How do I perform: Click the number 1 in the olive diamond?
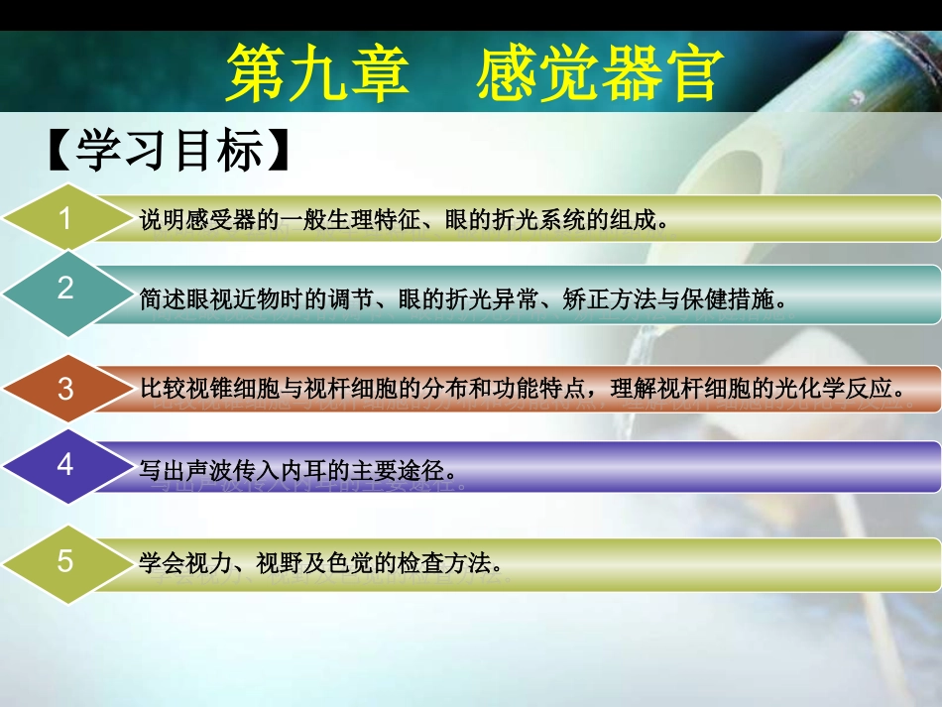point(65,218)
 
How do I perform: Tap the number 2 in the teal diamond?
point(65,289)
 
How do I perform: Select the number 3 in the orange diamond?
point(65,390)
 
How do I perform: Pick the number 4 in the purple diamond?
point(65,463)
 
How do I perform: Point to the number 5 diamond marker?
point(65,561)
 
